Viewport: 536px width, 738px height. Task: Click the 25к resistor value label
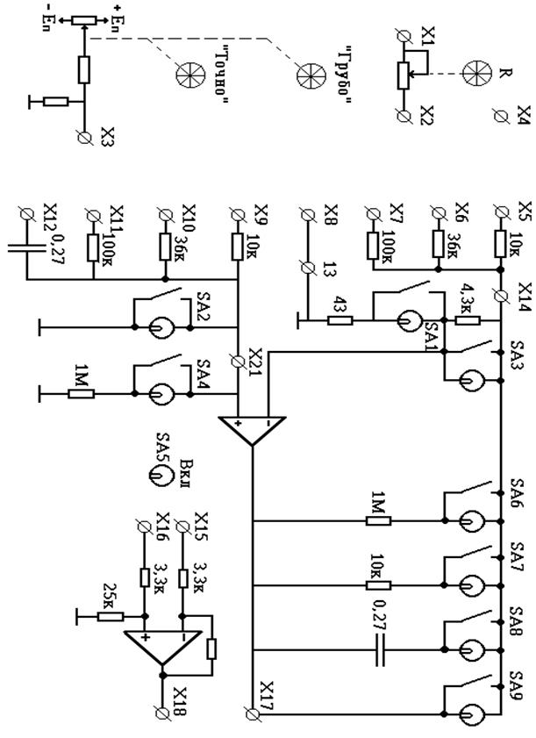111,593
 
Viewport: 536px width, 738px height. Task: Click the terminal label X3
107,137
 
